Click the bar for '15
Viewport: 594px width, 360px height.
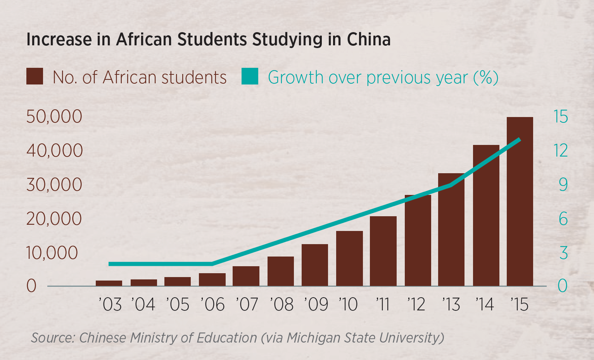[x=520, y=202]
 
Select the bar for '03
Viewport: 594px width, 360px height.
[x=109, y=283]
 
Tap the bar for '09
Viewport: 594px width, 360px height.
[x=314, y=265]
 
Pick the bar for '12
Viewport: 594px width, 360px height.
[x=418, y=240]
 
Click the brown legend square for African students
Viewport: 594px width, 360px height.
[x=35, y=76]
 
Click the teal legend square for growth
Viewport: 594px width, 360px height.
[x=250, y=76]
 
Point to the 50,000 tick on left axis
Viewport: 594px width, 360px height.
[x=54, y=117]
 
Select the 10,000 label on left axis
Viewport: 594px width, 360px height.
[x=52, y=253]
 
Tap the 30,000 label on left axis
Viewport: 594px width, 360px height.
[x=54, y=185]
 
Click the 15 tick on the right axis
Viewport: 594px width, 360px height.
[x=561, y=117]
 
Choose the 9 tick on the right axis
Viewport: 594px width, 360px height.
[x=563, y=185]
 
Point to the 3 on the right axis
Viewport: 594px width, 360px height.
[x=563, y=253]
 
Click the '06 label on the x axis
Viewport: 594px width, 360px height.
[x=212, y=305]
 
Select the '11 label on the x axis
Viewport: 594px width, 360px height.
[x=383, y=305]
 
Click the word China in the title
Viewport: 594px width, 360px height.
[x=368, y=40]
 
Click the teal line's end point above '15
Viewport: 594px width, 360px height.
[x=519, y=140]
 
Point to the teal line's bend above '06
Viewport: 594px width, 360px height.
[x=212, y=264]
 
